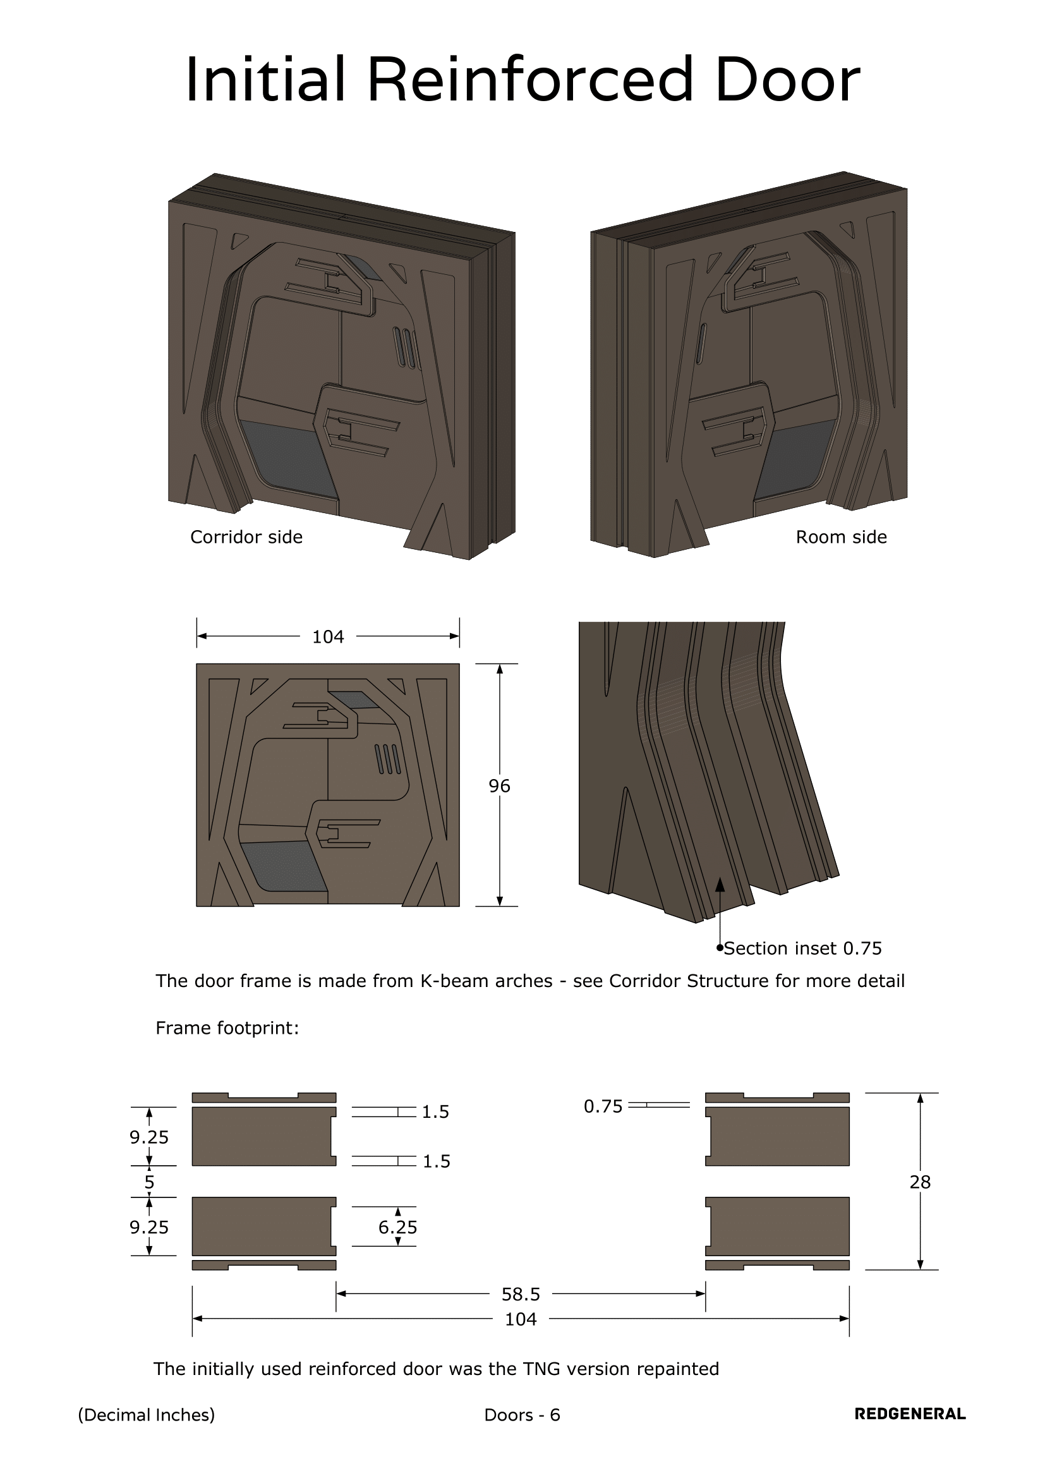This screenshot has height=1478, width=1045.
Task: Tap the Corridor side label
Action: (246, 537)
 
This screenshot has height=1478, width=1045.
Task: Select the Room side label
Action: (841, 537)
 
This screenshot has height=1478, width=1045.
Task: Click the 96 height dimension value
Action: (499, 785)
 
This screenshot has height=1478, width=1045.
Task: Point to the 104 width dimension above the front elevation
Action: (328, 637)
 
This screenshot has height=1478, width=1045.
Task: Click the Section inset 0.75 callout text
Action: (802, 948)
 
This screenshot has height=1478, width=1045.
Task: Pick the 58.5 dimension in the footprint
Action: (521, 1294)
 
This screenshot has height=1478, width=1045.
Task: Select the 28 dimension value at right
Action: (920, 1182)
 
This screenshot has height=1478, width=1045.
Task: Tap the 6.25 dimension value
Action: (397, 1228)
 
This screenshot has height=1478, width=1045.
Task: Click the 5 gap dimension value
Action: (149, 1182)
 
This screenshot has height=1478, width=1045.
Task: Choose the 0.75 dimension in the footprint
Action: (603, 1106)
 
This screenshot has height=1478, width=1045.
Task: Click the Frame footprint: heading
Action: (227, 1028)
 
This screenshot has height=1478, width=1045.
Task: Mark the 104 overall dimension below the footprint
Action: (521, 1319)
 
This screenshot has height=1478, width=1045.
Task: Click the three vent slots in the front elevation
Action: (388, 759)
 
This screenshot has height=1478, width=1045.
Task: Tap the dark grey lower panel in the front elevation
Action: (283, 866)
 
